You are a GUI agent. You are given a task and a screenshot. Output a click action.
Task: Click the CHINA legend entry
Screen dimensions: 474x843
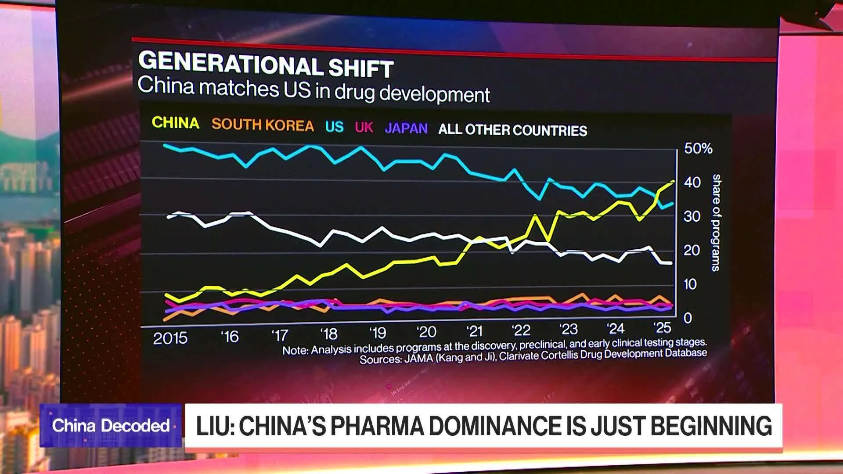(x=175, y=122)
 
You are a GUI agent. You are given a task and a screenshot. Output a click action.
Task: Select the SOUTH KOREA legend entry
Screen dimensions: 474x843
(x=263, y=125)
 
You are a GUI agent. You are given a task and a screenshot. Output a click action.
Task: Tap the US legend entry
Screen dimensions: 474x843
(x=334, y=127)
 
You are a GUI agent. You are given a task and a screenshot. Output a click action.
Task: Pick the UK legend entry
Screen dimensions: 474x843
(x=364, y=127)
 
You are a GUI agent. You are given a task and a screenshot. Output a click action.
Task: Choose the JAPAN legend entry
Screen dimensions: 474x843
(x=406, y=128)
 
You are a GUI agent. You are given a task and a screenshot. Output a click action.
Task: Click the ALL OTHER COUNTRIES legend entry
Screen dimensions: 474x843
(x=512, y=130)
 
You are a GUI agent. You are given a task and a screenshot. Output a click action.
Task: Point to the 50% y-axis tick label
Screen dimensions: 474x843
(x=698, y=148)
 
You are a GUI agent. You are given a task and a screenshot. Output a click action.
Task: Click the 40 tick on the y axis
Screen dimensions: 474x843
(x=692, y=182)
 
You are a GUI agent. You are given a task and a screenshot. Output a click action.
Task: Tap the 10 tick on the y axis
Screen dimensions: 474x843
(x=690, y=284)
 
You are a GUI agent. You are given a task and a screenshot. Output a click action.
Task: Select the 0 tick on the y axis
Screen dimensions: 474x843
(x=688, y=318)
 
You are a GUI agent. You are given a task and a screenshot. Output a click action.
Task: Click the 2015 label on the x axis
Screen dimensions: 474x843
(x=170, y=338)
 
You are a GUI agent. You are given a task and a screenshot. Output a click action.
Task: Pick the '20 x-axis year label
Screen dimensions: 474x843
(x=426, y=332)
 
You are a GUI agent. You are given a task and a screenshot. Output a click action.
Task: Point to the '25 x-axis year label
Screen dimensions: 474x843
(x=662, y=328)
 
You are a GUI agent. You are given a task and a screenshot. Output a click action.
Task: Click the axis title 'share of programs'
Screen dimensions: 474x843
(x=716, y=223)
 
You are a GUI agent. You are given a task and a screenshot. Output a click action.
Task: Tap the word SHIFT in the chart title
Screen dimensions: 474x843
(x=360, y=68)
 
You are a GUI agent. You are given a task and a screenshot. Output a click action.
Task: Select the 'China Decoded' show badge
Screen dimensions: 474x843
(x=111, y=425)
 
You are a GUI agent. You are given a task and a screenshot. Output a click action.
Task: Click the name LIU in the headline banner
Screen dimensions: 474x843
(x=214, y=426)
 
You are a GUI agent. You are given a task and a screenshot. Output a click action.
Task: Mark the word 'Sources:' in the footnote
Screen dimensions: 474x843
(x=380, y=359)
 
